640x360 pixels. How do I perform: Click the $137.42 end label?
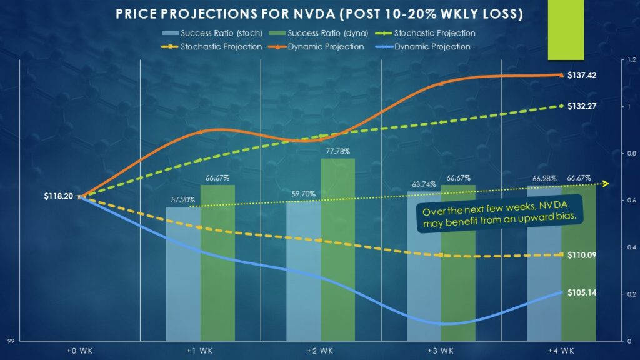(582, 75)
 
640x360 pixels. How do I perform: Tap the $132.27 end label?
(582, 106)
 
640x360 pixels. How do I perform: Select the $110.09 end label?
(582, 255)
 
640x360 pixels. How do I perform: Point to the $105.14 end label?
(582, 292)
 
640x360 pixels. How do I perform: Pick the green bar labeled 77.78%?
(337, 250)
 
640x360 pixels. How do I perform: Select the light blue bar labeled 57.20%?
(183, 275)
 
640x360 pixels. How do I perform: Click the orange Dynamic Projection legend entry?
(322, 47)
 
